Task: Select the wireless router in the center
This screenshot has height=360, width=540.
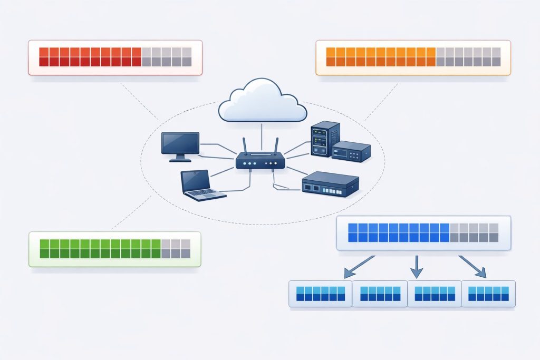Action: pos(260,160)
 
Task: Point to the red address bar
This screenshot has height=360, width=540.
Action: pos(115,57)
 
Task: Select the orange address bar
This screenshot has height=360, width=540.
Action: pos(413,57)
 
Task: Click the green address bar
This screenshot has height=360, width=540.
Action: pos(115,249)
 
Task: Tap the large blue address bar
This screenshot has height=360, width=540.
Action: pos(423,232)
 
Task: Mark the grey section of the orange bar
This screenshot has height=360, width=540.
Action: pos(468,57)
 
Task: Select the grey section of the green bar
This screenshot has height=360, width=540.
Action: pos(176,249)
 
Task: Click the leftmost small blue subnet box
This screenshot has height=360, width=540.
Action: pos(320,294)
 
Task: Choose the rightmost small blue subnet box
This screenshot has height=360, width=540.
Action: pos(488,294)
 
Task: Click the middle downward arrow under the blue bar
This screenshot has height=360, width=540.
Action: pos(417,267)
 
